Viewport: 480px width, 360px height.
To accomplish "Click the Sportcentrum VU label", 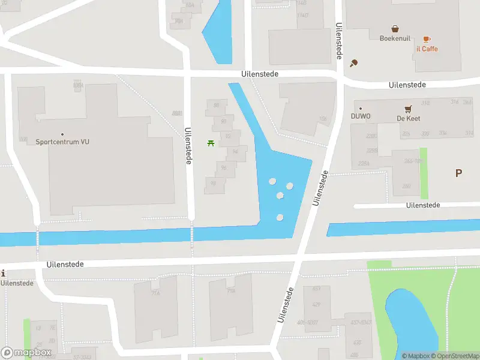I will tap(62, 142).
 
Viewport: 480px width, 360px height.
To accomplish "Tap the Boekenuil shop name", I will tap(395, 38).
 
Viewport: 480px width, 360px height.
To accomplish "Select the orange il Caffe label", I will tap(427, 49).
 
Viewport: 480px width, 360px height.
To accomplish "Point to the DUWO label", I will tap(361, 116).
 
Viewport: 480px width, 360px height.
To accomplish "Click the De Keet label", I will tap(408, 118).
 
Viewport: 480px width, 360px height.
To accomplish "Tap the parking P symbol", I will tap(458, 173).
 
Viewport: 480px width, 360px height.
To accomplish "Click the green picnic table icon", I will tap(211, 143).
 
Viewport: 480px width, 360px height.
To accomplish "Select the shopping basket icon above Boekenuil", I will tap(395, 28).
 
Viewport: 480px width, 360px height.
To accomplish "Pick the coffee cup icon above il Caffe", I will tap(427, 38).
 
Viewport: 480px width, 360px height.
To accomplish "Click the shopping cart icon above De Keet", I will tap(408, 109).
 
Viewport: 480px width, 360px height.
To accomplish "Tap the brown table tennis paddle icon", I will tap(354, 62).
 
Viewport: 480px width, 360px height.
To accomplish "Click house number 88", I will tap(216, 106).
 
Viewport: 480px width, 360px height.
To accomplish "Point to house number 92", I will tap(227, 136).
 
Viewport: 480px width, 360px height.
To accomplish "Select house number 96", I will tap(223, 167).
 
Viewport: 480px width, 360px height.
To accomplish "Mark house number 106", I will tap(323, 119).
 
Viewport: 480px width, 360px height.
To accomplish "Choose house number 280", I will tap(406, 186).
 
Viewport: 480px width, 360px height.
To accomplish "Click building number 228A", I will tap(364, 163).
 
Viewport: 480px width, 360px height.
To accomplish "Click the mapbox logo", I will tap(26, 353).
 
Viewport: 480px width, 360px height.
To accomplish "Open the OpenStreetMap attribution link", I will tap(454, 356).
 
